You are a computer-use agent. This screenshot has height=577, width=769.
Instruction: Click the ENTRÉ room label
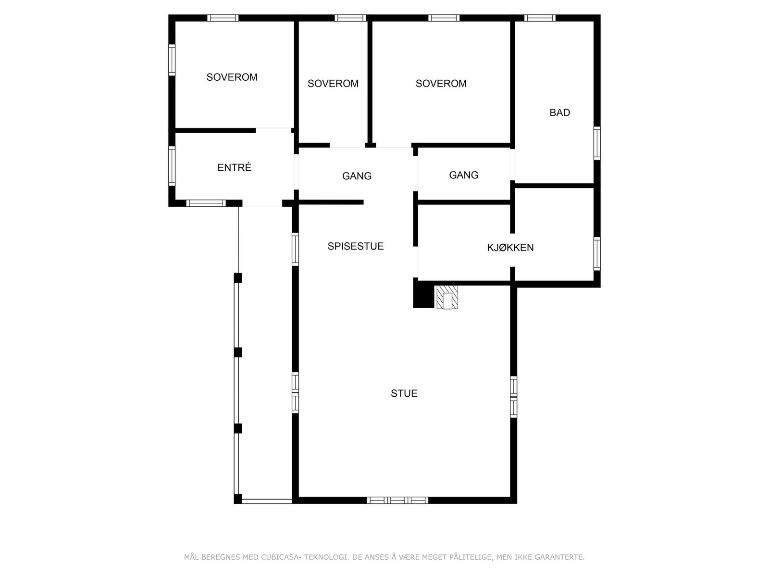pyautogui.click(x=234, y=167)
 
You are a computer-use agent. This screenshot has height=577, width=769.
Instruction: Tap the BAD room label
pyautogui.click(x=559, y=113)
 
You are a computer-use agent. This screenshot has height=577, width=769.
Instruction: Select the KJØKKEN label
pyautogui.click(x=510, y=248)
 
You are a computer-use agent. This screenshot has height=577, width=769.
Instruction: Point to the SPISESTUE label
pyautogui.click(x=356, y=246)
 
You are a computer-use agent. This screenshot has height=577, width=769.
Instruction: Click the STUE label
pyautogui.click(x=404, y=393)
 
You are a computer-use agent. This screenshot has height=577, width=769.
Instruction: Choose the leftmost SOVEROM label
pyautogui.click(x=232, y=77)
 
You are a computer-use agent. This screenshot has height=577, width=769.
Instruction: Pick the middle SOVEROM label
pyautogui.click(x=333, y=84)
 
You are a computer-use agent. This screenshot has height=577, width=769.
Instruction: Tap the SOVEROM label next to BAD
pyautogui.click(x=441, y=84)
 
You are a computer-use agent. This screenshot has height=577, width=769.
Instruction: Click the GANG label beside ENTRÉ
pyautogui.click(x=357, y=176)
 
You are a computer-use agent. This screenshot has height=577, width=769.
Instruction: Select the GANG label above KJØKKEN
pyautogui.click(x=463, y=175)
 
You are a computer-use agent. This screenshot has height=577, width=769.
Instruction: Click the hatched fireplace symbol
pyautogui.click(x=447, y=297)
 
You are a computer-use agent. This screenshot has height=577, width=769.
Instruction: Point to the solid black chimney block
pyautogui.click(x=423, y=293)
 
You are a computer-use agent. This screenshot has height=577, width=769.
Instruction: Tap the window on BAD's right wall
pyautogui.click(x=597, y=143)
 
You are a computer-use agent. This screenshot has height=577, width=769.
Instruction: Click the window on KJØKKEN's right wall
pyautogui.click(x=597, y=253)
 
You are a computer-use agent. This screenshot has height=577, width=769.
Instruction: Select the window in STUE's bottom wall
pyautogui.click(x=397, y=500)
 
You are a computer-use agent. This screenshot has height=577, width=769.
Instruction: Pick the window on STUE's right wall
pyautogui.click(x=513, y=397)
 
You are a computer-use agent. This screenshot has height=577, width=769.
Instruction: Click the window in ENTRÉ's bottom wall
pyautogui.click(x=206, y=203)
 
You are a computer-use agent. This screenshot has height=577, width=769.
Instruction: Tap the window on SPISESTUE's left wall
pyautogui.click(x=295, y=249)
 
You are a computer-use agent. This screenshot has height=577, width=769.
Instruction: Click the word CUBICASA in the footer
pyautogui.click(x=281, y=557)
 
